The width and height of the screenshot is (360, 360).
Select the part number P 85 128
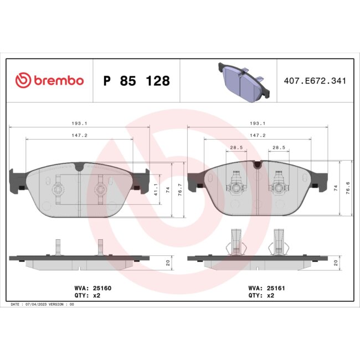pos(136,81)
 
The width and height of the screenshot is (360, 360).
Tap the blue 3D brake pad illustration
pos(244,81)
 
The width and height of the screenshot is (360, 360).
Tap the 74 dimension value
pos(336,188)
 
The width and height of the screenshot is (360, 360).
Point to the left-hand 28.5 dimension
pos(237,148)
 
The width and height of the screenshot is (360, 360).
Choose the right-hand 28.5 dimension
pos(279,148)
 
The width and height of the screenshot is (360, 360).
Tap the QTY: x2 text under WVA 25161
pos(262,296)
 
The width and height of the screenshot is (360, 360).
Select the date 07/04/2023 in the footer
pos(38,305)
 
